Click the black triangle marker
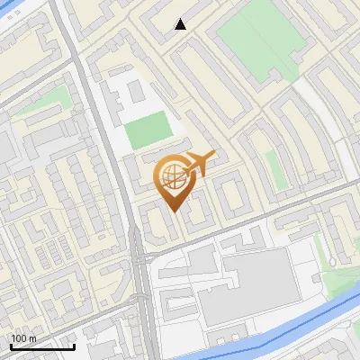(181, 24)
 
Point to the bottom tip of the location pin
(173, 211)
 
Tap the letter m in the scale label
(34, 337)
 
